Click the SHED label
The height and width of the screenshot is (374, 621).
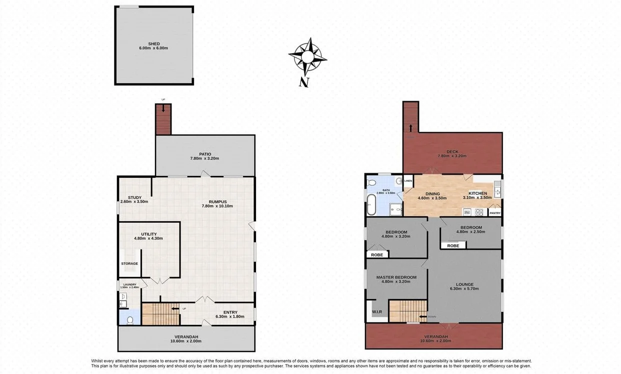pos(153,44)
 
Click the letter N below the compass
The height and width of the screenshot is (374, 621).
pos(303,83)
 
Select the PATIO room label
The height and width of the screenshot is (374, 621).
pos(204,154)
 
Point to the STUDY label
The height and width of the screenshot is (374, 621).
pos(134,197)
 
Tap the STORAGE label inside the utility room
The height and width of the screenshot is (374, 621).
pos(129,263)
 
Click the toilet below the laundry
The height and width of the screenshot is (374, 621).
pos(130,319)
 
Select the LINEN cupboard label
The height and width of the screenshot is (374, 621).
pos(408,181)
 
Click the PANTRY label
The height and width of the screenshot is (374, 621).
pos(494,213)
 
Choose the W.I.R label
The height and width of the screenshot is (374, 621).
pos(376,312)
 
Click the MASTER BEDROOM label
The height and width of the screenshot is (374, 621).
pos(396,277)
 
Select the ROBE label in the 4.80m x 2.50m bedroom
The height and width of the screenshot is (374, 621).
pos(453,246)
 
